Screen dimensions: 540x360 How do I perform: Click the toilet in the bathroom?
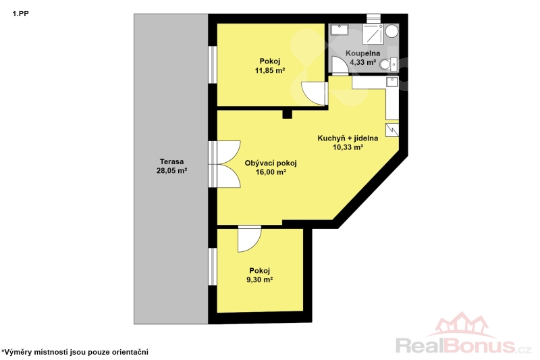click(x=389, y=64)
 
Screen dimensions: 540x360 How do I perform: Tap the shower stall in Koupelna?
click(x=373, y=33)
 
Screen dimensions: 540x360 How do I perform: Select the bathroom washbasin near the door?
click(x=340, y=30)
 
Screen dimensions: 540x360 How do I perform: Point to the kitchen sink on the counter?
click(x=392, y=82)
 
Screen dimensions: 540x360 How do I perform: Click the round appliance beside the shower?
click(x=391, y=30)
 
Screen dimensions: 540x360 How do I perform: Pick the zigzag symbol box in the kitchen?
click(x=392, y=130)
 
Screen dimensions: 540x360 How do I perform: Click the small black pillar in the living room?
click(x=287, y=114)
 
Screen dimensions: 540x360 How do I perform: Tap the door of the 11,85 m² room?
click(x=314, y=93)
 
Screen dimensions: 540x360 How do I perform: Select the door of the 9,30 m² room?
click(x=249, y=239)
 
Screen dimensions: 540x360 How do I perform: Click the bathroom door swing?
click(x=340, y=65)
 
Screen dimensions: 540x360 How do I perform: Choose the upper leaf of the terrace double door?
click(x=228, y=152)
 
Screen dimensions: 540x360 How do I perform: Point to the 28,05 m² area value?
click(x=171, y=170)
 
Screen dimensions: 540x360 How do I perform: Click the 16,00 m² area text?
click(x=271, y=172)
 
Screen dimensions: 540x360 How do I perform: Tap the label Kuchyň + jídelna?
click(x=348, y=138)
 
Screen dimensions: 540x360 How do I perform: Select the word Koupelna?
click(x=362, y=53)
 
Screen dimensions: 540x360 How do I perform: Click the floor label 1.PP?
click(x=21, y=14)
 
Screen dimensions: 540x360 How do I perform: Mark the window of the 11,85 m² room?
click(x=213, y=64)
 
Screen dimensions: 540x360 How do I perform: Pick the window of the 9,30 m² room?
click(x=213, y=266)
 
